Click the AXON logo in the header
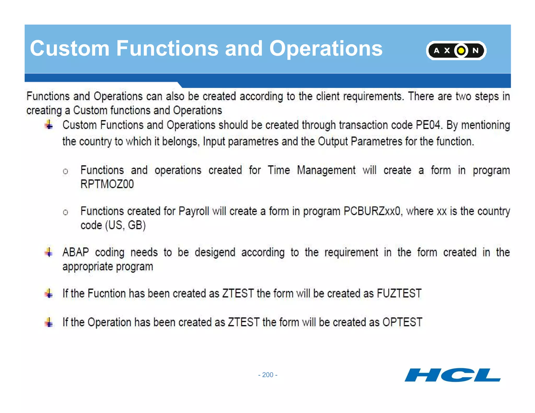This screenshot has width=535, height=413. (456, 50)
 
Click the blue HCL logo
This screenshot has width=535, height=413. (452, 375)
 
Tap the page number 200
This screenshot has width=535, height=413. (267, 375)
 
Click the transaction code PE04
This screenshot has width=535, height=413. (428, 125)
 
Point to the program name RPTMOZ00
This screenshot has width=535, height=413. (107, 184)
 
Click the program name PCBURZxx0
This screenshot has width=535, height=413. (372, 211)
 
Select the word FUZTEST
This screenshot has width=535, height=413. (399, 293)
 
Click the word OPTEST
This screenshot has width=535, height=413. (402, 322)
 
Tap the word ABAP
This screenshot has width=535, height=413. (75, 252)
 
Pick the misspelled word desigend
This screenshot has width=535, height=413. (215, 252)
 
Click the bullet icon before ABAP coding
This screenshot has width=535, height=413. (49, 252)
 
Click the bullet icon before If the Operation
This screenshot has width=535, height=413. (49, 322)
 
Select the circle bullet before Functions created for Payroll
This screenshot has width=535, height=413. (65, 212)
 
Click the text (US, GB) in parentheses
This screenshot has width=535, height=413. (125, 225)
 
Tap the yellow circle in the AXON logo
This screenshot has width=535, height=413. (461, 50)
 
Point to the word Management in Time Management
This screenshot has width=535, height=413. (326, 170)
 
